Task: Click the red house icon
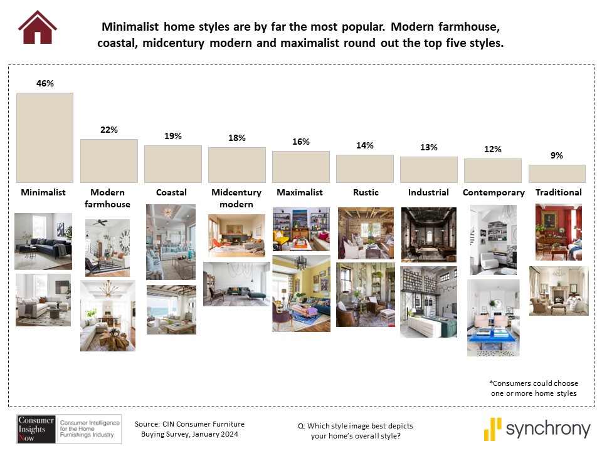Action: point(37,27)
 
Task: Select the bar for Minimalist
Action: point(45,138)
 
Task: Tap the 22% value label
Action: point(109,130)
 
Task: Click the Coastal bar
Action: point(173,163)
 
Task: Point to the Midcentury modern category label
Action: point(236,198)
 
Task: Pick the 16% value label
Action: point(300,142)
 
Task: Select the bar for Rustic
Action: point(365,168)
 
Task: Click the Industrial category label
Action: point(428,192)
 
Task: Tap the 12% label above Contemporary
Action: point(493,149)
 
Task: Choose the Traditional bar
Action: point(557,174)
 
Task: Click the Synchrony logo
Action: point(537,428)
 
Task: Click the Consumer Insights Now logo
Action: point(69,428)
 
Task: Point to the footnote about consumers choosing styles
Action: point(534,388)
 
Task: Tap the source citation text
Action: point(189,429)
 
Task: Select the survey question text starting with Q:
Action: point(356,431)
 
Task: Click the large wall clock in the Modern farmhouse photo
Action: point(125,241)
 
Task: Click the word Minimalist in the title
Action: point(130,26)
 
